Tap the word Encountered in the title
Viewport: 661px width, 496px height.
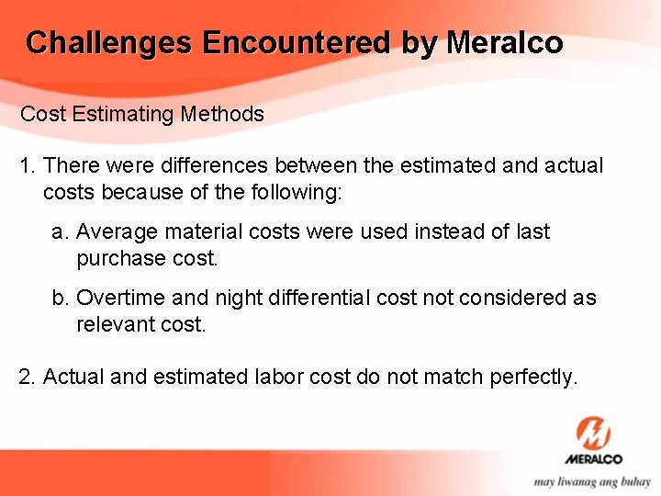[296, 43]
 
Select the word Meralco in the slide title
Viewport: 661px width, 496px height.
[504, 43]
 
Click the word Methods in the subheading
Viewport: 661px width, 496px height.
[222, 115]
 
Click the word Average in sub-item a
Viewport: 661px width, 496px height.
[113, 232]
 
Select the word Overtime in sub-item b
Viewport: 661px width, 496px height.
[118, 299]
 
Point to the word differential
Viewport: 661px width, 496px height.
[306, 299]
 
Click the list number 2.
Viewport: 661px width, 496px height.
[27, 377]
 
